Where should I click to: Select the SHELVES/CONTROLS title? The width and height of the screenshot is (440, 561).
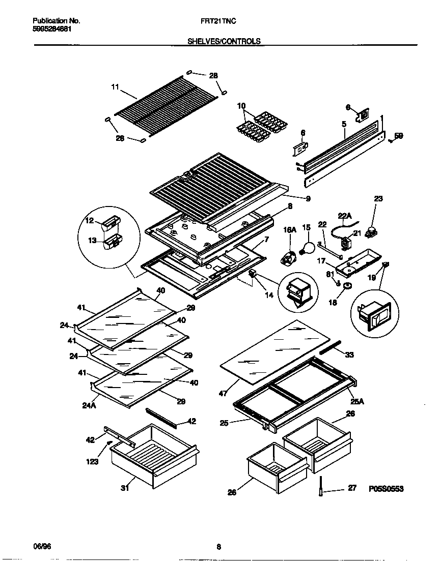click(224, 41)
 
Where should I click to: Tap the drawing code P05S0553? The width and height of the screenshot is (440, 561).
click(389, 489)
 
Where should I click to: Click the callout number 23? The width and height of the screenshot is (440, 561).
click(378, 199)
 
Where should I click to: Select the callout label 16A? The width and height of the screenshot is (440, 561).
click(290, 230)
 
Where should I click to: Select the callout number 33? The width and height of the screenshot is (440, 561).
click(349, 355)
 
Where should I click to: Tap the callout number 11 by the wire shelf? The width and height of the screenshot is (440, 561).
click(115, 87)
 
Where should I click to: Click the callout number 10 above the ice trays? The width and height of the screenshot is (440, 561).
click(242, 106)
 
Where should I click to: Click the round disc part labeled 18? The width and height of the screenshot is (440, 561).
click(347, 287)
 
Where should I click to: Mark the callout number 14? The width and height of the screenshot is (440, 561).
click(269, 294)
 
